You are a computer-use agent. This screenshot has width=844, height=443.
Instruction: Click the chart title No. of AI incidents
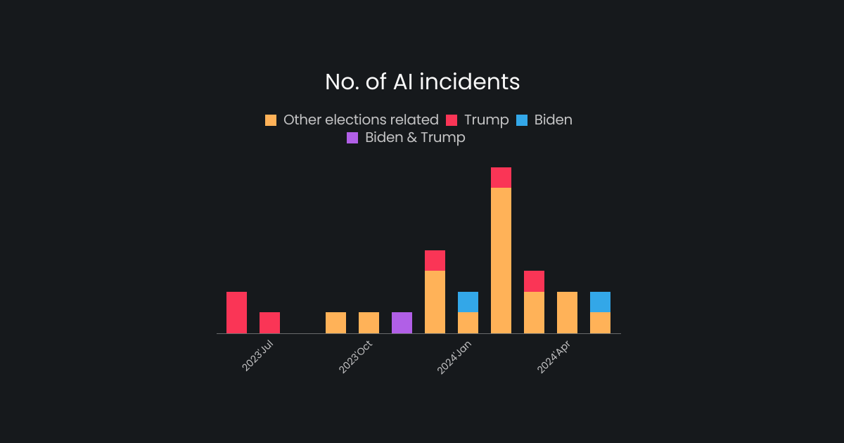point(422,82)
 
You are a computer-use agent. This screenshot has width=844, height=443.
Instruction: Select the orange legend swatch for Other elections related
point(271,120)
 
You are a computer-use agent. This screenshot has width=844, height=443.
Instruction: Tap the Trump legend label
point(486,120)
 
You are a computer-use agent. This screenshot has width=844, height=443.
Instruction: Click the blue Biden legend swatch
point(521,120)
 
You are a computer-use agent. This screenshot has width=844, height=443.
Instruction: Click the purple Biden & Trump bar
point(402,323)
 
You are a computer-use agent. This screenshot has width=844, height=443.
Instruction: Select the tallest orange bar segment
point(501,260)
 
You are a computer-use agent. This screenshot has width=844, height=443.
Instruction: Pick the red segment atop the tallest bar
point(501,177)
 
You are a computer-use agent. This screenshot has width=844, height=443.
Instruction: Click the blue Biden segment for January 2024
point(468,302)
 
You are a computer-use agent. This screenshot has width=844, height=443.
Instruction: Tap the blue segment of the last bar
point(600,302)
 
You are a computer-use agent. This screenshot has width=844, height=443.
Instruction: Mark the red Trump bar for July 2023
point(269,323)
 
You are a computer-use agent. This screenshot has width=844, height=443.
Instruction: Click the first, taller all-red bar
point(236,312)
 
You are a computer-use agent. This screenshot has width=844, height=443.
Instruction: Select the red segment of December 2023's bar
point(435,260)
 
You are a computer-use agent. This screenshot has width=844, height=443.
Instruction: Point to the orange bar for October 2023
point(369,323)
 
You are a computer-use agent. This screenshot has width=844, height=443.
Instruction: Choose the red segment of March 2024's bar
point(534,281)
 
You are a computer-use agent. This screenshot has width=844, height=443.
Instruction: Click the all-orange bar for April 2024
point(567,312)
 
